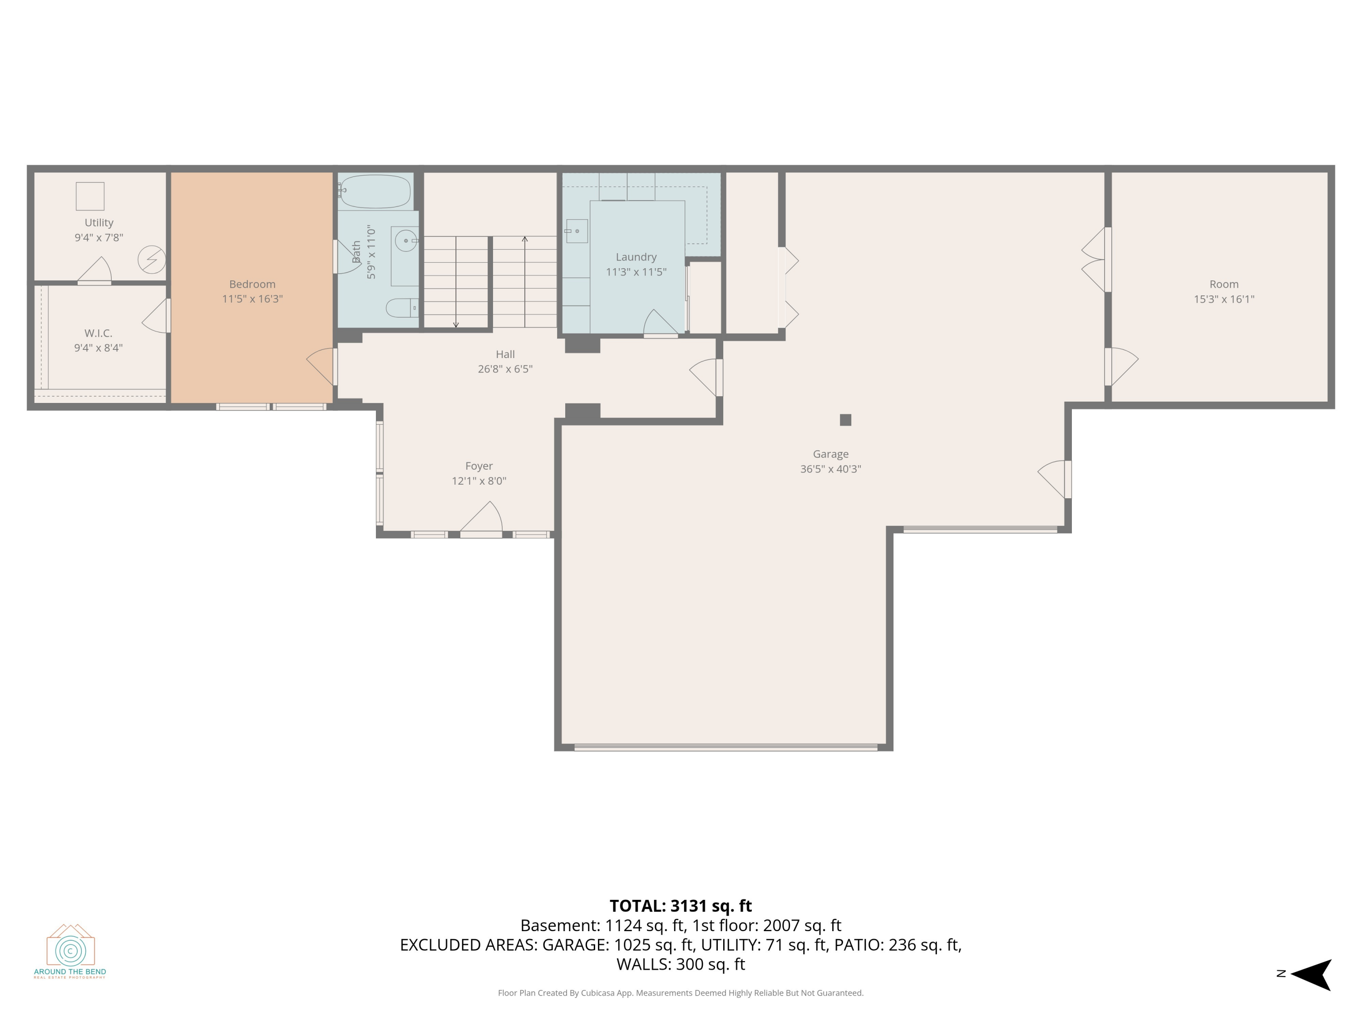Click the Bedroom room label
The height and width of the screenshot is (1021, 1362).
click(252, 285)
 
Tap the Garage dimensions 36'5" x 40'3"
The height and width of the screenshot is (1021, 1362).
click(831, 469)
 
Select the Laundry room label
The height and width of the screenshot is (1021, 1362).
click(636, 257)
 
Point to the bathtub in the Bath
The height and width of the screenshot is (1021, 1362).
click(375, 191)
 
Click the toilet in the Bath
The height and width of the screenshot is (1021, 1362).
click(402, 308)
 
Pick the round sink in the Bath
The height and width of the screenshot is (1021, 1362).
click(406, 241)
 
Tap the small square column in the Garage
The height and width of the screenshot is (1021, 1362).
click(845, 420)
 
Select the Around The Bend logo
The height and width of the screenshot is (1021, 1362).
click(70, 951)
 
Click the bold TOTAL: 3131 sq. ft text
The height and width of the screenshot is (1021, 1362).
click(681, 906)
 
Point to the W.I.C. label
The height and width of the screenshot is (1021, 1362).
click(99, 334)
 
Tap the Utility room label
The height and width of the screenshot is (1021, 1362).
click(99, 223)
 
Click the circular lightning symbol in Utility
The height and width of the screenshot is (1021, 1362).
click(152, 260)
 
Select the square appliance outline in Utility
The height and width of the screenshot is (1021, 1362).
click(90, 196)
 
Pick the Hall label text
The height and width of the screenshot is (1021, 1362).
click(505, 354)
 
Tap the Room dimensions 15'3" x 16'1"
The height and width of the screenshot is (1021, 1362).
click(1224, 299)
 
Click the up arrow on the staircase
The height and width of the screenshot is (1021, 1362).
click(525, 281)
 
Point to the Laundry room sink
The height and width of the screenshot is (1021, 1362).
click(576, 231)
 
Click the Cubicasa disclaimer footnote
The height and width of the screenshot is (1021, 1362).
click(681, 993)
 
